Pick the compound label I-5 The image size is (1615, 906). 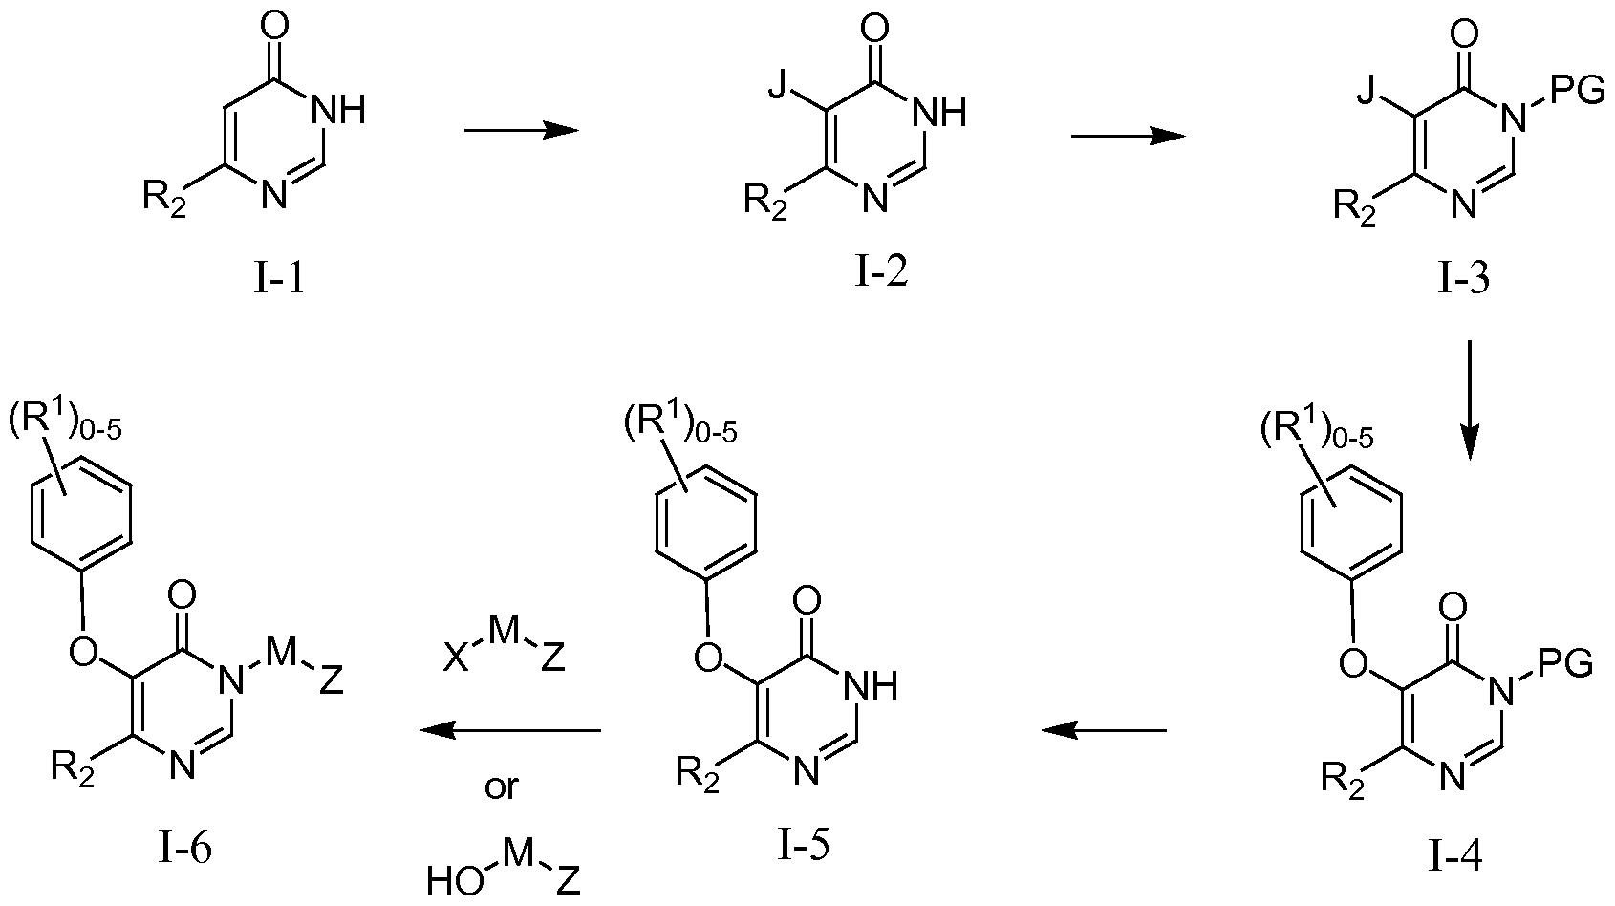[x=802, y=846]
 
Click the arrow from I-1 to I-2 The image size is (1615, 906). [x=521, y=131]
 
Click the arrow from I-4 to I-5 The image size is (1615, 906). [x=1104, y=731]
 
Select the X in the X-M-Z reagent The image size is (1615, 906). [x=457, y=686]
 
